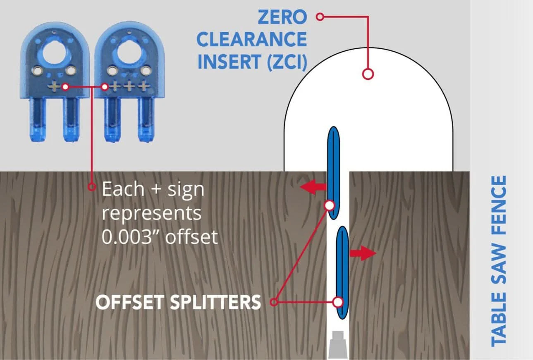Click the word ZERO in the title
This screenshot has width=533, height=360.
tap(282, 17)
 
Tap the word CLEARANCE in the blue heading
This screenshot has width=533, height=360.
tap(252, 39)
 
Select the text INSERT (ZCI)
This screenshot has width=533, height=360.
tap(252, 62)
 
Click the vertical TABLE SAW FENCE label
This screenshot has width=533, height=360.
tap(499, 261)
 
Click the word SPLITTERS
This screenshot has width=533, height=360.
tap(215, 302)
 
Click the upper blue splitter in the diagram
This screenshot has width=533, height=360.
tap(334, 173)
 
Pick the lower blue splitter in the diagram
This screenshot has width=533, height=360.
tap(342, 272)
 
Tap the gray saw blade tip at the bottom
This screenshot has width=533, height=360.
tap(337, 344)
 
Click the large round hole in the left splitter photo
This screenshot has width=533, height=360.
tap(55, 53)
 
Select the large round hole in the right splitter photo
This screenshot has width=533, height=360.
tap(129, 53)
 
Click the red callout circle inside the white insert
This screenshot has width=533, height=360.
tap(368, 74)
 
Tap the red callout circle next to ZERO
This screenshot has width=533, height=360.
tap(320, 17)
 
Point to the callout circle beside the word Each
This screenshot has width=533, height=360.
tap(92, 187)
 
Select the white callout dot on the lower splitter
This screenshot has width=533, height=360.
tap(338, 302)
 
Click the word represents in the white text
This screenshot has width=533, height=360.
tap(152, 214)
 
